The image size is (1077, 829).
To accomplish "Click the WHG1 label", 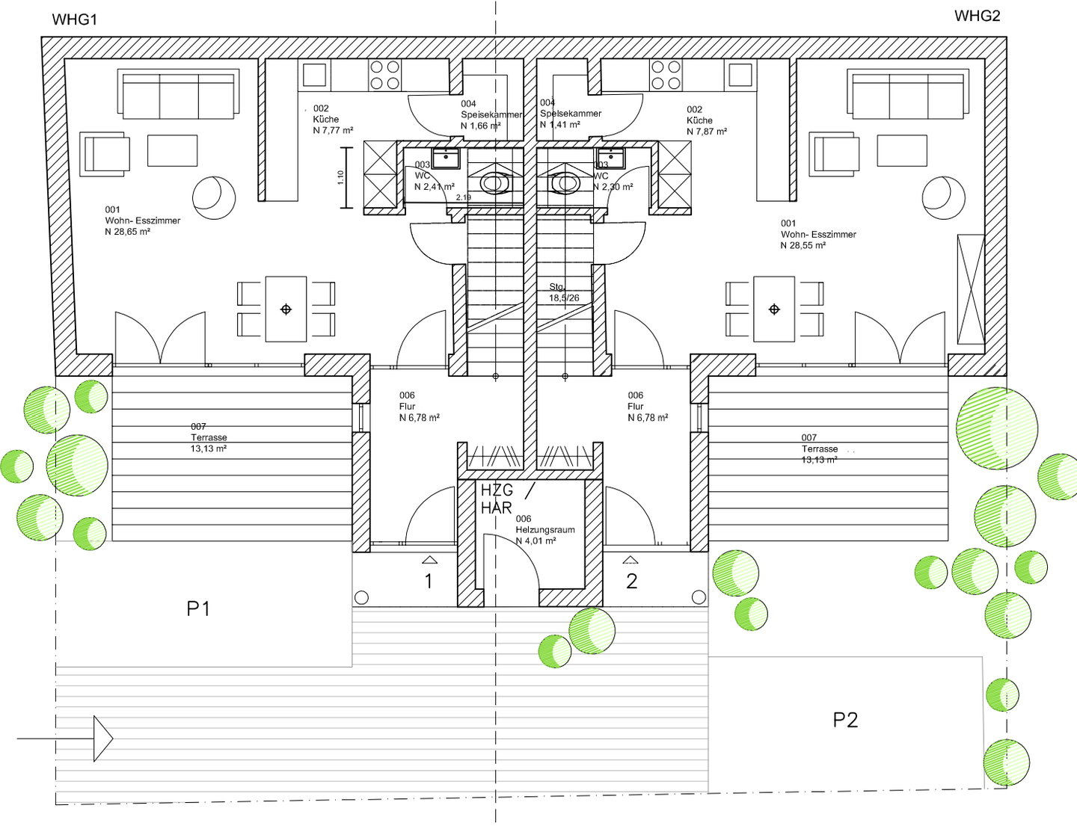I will pyautogui.click(x=75, y=20).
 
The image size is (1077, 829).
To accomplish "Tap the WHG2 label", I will pyautogui.click(x=977, y=16).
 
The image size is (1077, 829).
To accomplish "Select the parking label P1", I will pyautogui.click(x=198, y=609).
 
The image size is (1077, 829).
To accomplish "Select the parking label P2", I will pyautogui.click(x=845, y=720).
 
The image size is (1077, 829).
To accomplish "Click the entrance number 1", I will pyautogui.click(x=429, y=582).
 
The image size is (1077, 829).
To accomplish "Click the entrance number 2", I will pyautogui.click(x=632, y=582).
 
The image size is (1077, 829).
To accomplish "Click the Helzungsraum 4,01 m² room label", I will pyautogui.click(x=544, y=530).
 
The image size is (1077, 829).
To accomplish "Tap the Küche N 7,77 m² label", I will pyautogui.click(x=332, y=120).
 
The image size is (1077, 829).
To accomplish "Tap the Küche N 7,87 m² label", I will pyautogui.click(x=706, y=120).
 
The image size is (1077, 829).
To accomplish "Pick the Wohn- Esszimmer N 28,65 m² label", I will pyautogui.click(x=142, y=221).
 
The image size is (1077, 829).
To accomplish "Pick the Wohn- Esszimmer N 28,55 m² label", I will pyautogui.click(x=818, y=234).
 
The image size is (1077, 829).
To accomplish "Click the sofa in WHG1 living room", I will pyautogui.click(x=179, y=95).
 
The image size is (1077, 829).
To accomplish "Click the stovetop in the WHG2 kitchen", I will pyautogui.click(x=666, y=75).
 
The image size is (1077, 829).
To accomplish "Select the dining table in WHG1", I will pyautogui.click(x=286, y=309).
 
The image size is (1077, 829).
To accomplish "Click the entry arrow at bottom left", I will pyautogui.click(x=102, y=739).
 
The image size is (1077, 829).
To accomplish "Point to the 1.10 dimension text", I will pyautogui.click(x=341, y=178).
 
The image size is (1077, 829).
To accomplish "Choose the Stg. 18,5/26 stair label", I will pyautogui.click(x=563, y=292).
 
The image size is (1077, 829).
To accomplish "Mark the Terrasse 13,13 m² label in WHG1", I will pyautogui.click(x=208, y=437).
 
